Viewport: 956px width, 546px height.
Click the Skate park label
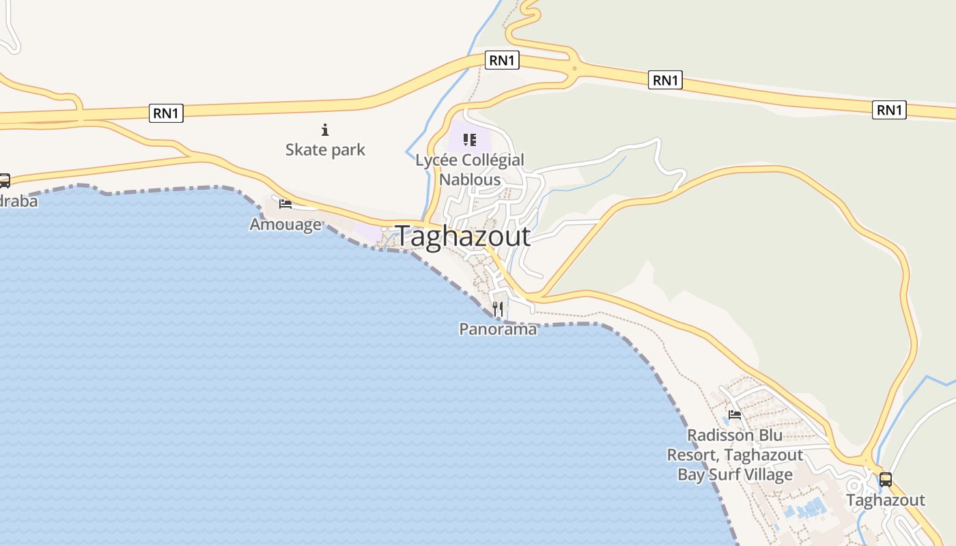coord(325,149)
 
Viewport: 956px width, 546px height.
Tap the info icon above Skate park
coord(325,130)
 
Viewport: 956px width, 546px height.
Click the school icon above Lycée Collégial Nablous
coord(469,140)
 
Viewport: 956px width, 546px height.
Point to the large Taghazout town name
coord(463,236)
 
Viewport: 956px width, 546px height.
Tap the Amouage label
coord(285,224)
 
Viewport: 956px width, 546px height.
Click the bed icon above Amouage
coord(285,203)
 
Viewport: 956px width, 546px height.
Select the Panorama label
coord(498,329)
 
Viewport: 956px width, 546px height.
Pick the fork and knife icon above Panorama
coord(498,309)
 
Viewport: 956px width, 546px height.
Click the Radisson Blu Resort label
coord(735,455)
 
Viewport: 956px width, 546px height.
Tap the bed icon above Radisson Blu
coord(735,414)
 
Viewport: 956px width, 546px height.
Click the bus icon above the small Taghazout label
coord(885,480)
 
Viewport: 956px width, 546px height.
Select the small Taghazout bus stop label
coord(885,500)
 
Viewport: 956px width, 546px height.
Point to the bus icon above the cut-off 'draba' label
coord(4,181)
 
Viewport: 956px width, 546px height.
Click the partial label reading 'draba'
coord(18,201)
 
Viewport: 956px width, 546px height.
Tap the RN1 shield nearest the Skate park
coord(166,113)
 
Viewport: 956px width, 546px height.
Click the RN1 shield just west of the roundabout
coord(502,60)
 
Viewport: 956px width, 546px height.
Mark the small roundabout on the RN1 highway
coord(575,68)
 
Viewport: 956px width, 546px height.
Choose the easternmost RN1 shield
coord(889,110)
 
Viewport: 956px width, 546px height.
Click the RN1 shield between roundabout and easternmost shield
coord(665,81)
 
